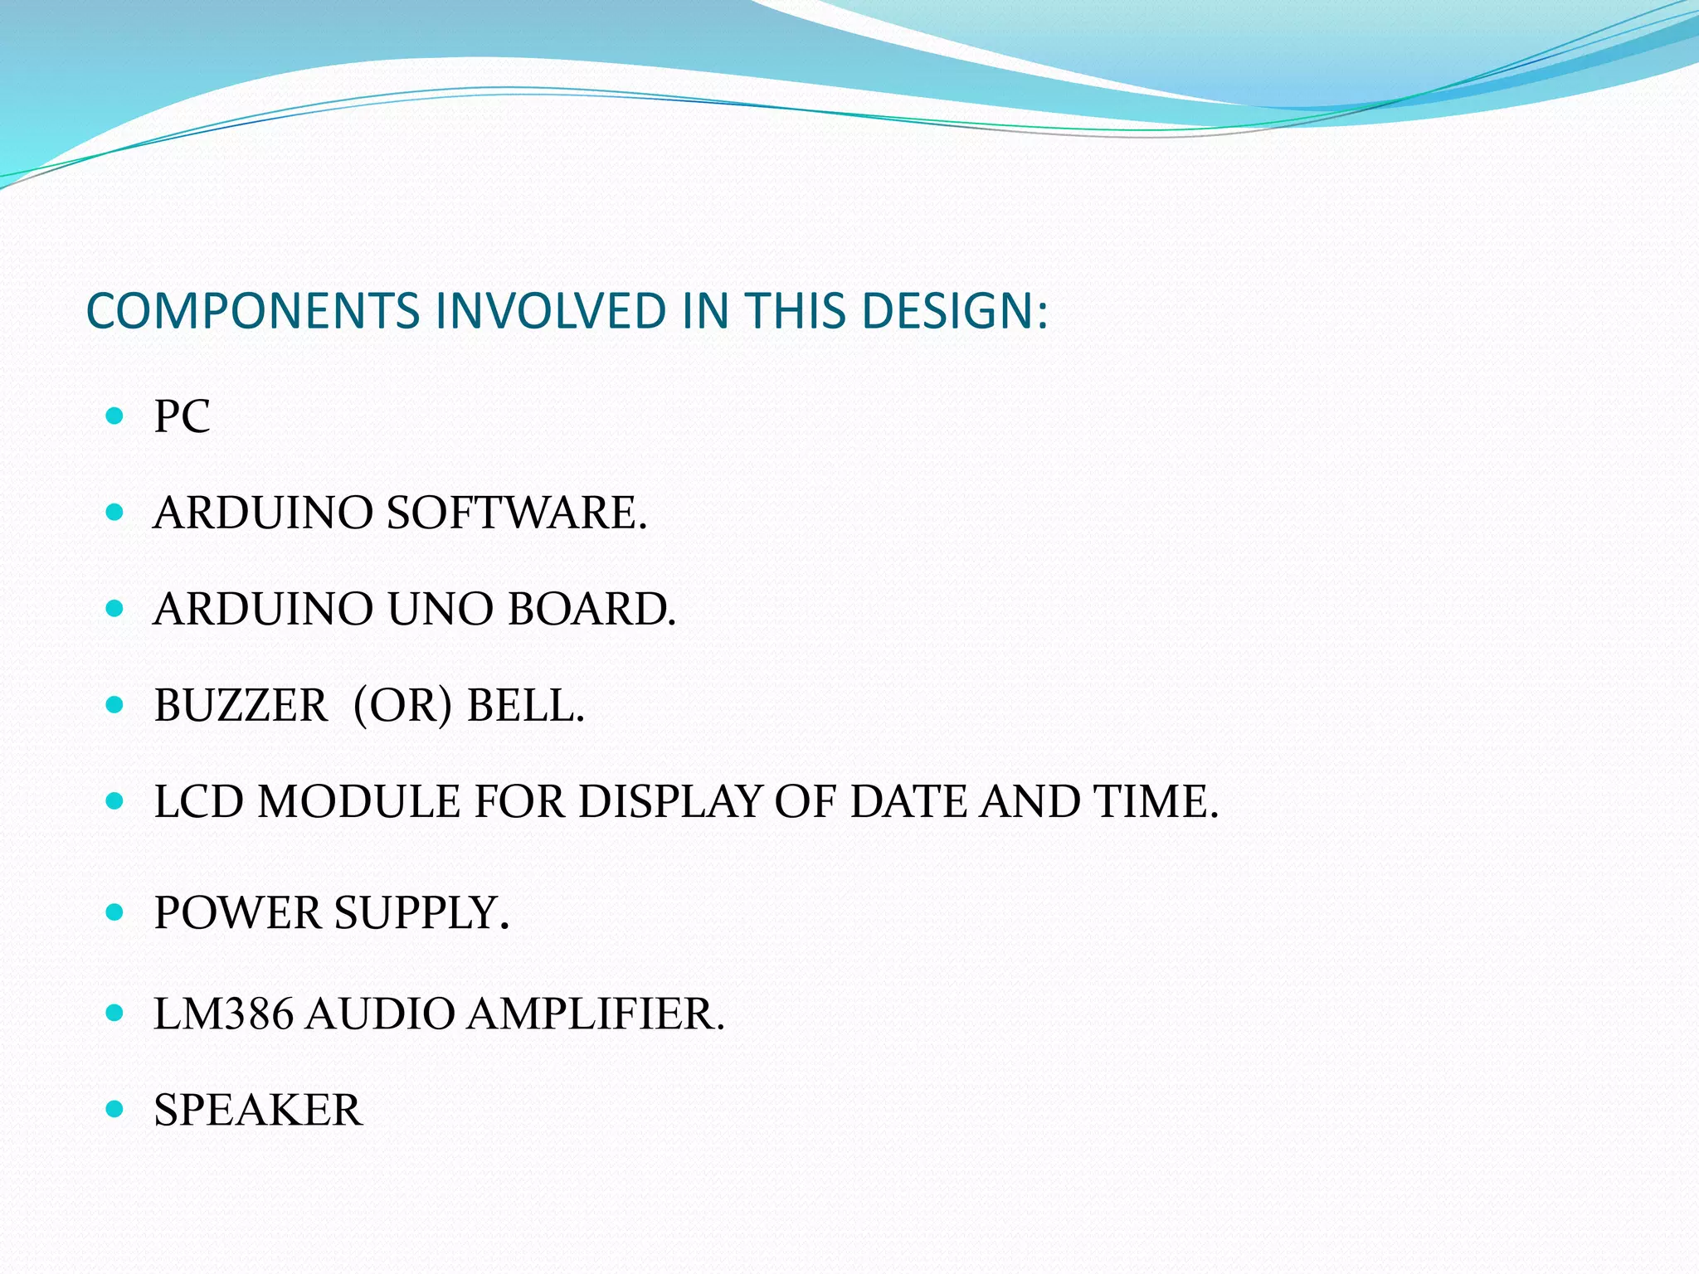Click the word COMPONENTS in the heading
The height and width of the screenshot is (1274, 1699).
pos(253,311)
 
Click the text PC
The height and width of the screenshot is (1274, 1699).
pos(182,416)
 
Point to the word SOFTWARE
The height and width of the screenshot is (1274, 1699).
pos(516,513)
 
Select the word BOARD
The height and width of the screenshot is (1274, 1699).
pos(591,609)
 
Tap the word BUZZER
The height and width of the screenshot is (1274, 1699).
pos(241,706)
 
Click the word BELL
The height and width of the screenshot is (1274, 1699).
pos(525,706)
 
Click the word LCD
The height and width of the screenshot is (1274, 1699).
pos(199,802)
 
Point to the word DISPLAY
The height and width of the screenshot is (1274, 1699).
pos(669,802)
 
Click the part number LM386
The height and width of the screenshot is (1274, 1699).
pos(223,1014)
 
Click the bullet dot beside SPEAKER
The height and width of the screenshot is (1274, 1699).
pos(115,1109)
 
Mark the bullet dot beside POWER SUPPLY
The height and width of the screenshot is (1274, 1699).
pos(115,912)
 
